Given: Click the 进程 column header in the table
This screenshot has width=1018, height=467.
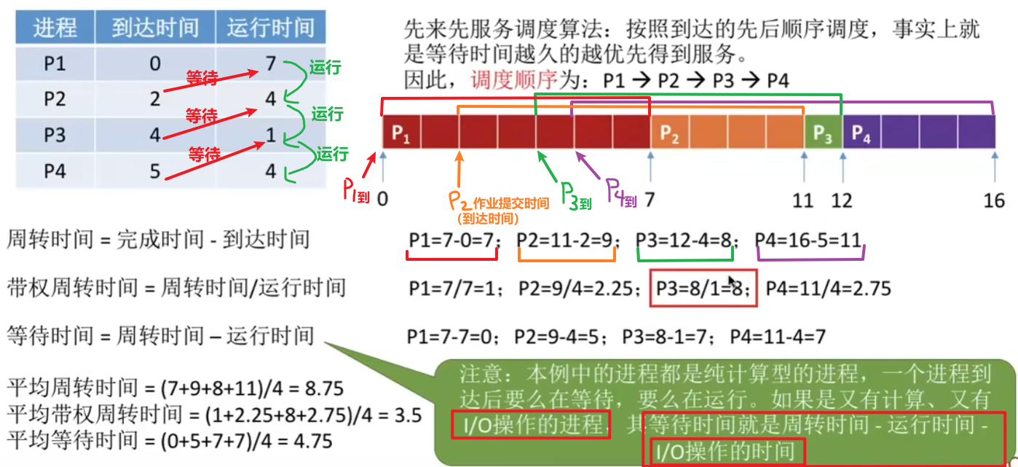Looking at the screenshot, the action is coord(55,28).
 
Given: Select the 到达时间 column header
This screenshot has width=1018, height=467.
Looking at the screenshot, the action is coord(155,28).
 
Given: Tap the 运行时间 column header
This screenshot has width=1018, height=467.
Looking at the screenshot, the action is coord(270,28).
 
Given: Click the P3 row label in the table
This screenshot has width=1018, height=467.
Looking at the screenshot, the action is coord(55,136).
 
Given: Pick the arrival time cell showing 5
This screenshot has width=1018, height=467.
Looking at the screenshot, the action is coord(155,171).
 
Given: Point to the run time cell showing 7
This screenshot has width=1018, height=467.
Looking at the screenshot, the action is coord(270,64).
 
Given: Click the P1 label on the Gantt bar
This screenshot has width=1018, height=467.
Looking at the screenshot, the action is coord(401,134).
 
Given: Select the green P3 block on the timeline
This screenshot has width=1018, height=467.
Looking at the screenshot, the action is coord(823,134).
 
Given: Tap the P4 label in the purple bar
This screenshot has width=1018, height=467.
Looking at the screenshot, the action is coord(861,134).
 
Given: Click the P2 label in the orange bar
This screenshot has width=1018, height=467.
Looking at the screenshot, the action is coord(670,134).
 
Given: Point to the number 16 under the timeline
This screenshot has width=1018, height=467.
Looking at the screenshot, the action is coord(994,200).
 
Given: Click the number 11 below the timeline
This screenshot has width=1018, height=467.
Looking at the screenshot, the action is coord(802,200).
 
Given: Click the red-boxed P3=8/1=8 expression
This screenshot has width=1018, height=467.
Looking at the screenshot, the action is coord(703,289).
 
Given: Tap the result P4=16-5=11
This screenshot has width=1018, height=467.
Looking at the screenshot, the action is coord(808,239).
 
